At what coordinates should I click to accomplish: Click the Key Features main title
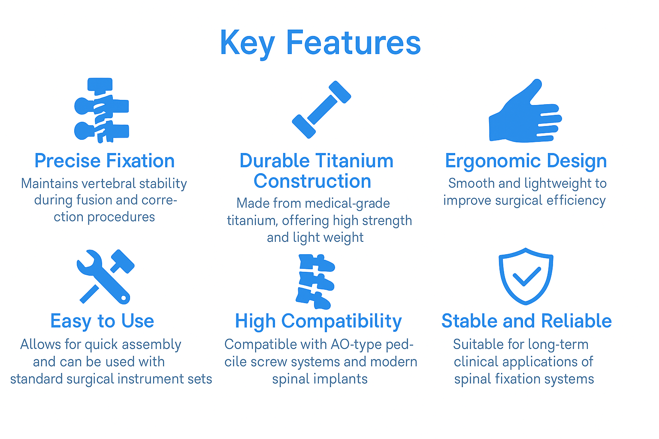320,43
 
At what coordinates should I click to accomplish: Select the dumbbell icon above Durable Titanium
321,110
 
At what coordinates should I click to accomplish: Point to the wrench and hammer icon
105,277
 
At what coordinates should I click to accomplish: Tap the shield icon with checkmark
526,276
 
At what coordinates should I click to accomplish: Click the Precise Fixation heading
104,161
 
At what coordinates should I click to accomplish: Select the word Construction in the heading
312,181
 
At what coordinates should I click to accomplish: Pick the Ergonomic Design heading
526,161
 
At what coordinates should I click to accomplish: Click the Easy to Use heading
102,321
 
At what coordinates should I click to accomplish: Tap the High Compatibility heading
318,321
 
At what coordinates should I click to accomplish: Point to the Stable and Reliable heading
526,321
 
